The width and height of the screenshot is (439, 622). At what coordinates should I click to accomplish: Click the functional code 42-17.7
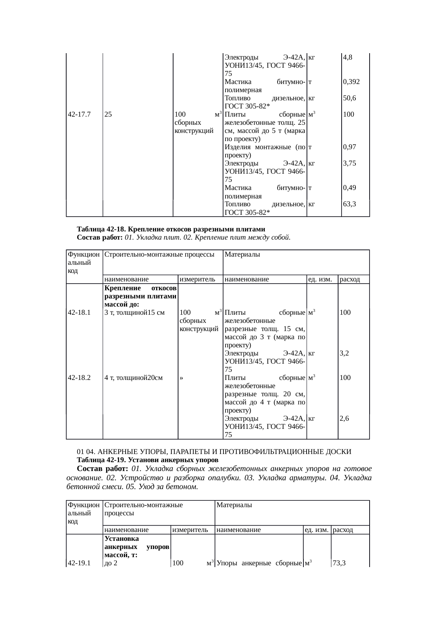79,114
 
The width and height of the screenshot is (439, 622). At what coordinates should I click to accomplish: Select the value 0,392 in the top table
351,82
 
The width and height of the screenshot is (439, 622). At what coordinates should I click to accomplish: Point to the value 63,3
349,204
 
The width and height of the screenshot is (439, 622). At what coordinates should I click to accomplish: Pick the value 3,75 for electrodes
349,163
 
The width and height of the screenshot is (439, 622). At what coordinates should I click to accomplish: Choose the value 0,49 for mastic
349,188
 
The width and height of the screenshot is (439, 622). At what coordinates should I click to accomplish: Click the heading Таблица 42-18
171,229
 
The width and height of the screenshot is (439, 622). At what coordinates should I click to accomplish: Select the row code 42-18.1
79,313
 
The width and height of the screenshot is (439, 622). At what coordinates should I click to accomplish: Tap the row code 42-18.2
79,378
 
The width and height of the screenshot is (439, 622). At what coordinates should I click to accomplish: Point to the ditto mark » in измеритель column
181,378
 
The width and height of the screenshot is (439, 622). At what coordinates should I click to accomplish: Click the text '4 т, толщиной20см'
134,378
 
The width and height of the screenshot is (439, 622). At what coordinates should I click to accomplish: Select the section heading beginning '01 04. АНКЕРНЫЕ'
214,452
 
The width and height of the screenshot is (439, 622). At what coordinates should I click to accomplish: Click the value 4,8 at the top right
347,57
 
